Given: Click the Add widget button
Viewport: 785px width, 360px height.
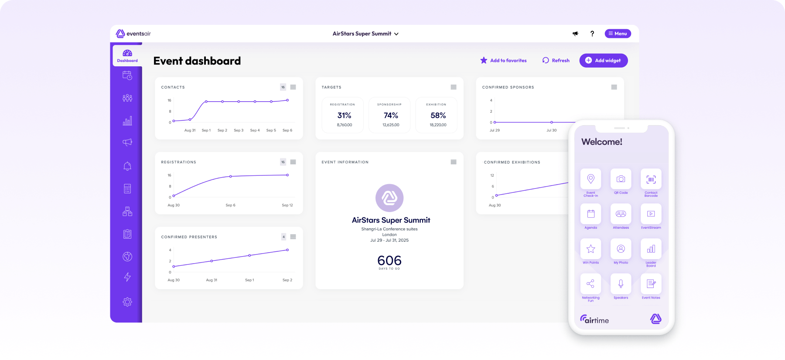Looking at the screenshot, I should [x=603, y=61].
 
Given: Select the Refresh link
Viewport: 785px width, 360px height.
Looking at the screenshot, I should [x=556, y=61].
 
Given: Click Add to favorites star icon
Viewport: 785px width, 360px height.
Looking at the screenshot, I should [x=484, y=60].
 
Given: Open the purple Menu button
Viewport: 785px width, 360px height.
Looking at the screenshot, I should [x=618, y=34].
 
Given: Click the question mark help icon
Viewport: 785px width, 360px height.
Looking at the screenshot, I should [x=592, y=34].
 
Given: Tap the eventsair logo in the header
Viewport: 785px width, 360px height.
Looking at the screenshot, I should [x=133, y=34].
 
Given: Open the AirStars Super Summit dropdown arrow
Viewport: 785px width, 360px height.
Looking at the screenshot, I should [x=396, y=34].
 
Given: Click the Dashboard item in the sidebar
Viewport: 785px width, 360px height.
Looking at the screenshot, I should [x=127, y=56].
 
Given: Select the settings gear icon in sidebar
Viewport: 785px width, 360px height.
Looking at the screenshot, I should [x=127, y=302].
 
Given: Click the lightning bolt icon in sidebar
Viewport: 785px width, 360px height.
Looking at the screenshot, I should [x=127, y=277].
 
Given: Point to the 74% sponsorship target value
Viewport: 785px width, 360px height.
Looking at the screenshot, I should [x=391, y=116].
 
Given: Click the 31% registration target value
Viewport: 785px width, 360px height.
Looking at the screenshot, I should [x=344, y=116].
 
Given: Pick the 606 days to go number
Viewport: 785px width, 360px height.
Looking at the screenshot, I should [x=389, y=261].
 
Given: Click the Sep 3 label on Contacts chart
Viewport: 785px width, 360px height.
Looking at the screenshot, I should [x=239, y=130].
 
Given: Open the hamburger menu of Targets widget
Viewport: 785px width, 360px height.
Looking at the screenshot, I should [x=454, y=87].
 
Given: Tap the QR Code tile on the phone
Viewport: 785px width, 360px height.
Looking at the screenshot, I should [x=621, y=179].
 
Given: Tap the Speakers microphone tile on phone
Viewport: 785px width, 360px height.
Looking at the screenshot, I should [x=621, y=284].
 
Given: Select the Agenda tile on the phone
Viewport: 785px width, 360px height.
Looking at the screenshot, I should [x=590, y=214].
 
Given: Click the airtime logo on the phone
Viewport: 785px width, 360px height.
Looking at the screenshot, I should [x=594, y=320].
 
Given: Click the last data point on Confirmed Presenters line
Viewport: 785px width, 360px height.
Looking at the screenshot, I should [x=287, y=250].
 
